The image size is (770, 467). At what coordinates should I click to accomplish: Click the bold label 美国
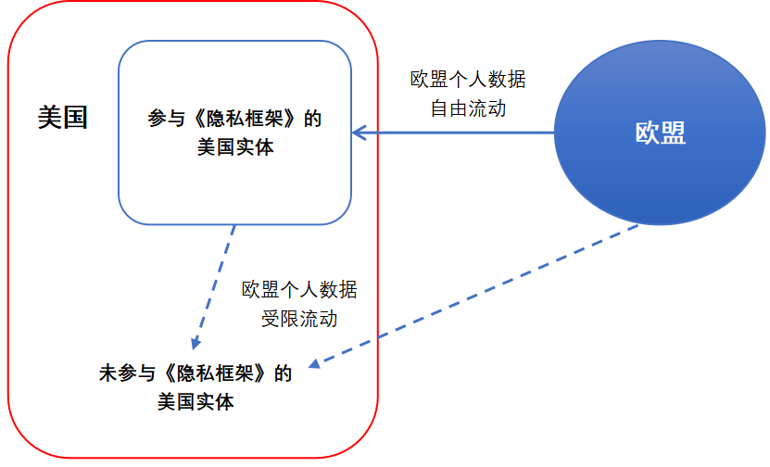(x=63, y=118)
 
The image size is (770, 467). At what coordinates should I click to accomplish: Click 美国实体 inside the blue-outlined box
(x=235, y=146)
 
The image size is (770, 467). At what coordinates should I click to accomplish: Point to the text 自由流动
(x=468, y=107)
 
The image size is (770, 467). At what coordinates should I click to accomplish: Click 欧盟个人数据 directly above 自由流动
(x=468, y=80)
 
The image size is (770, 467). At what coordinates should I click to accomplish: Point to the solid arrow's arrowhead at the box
(x=357, y=133)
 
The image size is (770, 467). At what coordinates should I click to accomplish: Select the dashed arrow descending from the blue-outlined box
(x=215, y=283)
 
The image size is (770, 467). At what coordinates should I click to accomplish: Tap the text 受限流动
(x=298, y=319)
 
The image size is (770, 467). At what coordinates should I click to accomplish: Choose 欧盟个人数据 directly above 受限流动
(x=298, y=291)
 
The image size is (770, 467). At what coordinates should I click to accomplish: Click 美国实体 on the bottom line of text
(x=196, y=402)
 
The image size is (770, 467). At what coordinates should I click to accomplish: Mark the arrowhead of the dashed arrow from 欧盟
(x=314, y=363)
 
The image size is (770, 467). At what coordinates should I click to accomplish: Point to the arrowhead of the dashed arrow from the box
(x=195, y=344)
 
